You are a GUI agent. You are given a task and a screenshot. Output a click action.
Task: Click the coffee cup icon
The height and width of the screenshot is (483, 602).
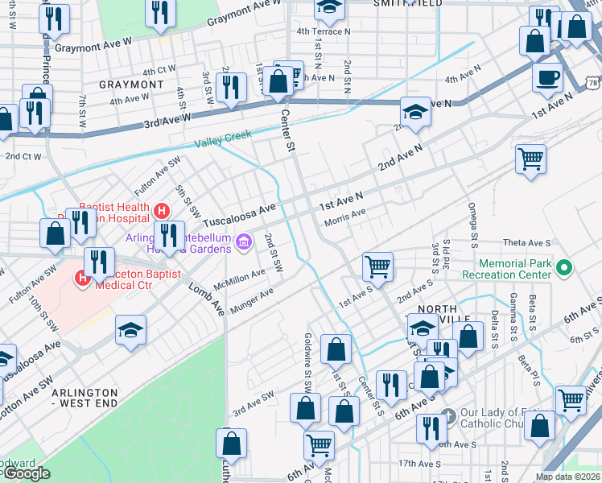[547, 78]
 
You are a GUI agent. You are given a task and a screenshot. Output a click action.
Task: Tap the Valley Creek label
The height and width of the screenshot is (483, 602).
[222, 139]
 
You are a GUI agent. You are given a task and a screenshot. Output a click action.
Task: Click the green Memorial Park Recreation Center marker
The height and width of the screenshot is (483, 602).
[565, 267]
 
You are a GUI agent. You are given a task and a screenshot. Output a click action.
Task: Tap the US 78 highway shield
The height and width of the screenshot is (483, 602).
[592, 83]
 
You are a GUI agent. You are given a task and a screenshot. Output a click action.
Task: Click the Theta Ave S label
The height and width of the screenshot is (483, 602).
[526, 242]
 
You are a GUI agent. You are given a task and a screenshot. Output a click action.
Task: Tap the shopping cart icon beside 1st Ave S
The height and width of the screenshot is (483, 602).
[377, 265]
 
